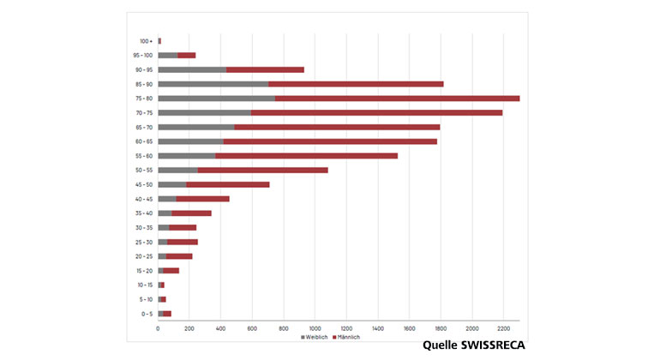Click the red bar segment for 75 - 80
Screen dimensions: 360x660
(x=397, y=99)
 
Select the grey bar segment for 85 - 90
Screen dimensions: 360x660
(x=213, y=84)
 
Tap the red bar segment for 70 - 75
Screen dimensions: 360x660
(x=377, y=112)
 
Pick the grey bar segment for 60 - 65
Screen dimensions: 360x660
(x=190, y=141)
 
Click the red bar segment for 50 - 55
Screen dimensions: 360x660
(x=262, y=170)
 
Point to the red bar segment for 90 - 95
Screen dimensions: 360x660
(x=265, y=69)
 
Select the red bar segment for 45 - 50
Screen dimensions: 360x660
(x=227, y=184)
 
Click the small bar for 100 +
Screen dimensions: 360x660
(x=159, y=41)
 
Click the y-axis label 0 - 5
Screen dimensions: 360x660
(x=147, y=314)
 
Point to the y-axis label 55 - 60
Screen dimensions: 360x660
(x=144, y=156)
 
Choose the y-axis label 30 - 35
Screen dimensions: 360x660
(x=144, y=227)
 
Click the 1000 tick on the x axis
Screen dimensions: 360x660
(x=315, y=328)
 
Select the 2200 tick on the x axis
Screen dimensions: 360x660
(x=503, y=328)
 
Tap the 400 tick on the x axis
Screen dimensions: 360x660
(x=220, y=328)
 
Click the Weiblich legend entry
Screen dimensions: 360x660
(x=315, y=338)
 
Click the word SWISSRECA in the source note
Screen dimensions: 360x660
(x=492, y=346)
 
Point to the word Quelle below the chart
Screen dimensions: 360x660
(x=441, y=346)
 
